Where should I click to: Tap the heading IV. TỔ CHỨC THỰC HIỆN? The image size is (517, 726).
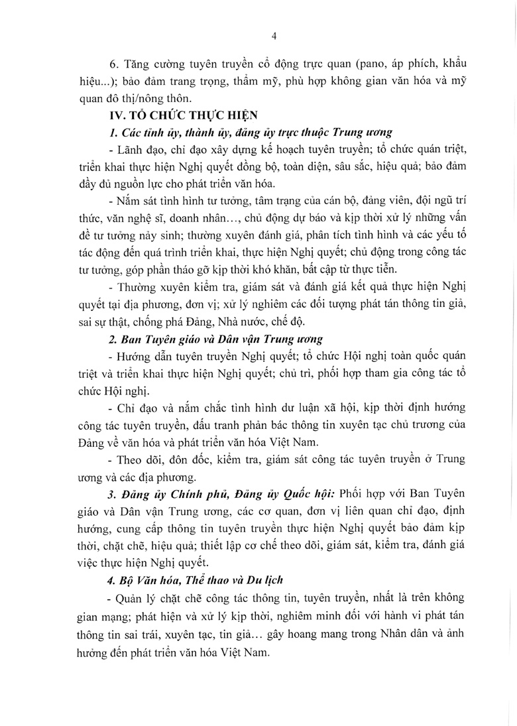click(x=174, y=115)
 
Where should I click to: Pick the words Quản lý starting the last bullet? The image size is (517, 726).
click(x=133, y=598)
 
